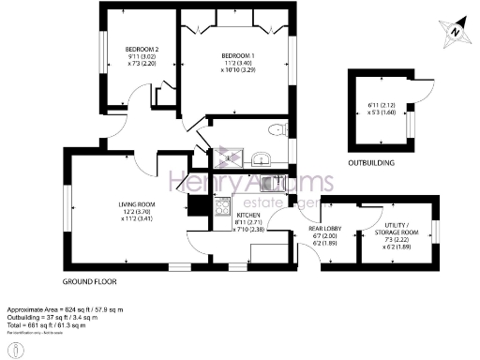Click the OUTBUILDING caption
[370, 162]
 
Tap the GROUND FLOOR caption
[89, 281]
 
